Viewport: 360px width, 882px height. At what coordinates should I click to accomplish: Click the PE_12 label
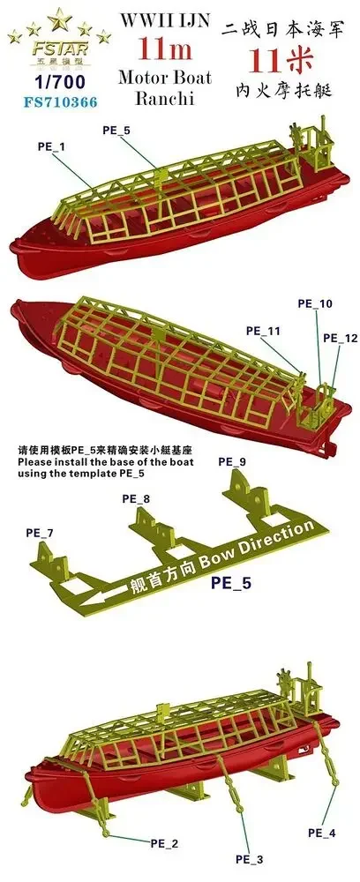[339, 338]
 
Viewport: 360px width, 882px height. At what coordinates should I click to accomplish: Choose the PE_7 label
[39, 534]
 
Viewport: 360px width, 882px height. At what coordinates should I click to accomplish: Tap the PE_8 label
[135, 499]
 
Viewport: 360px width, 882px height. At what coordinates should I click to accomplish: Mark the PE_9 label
[231, 461]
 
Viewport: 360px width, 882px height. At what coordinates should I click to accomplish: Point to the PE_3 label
[249, 858]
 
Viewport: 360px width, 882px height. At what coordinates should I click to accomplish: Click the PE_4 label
[321, 832]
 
